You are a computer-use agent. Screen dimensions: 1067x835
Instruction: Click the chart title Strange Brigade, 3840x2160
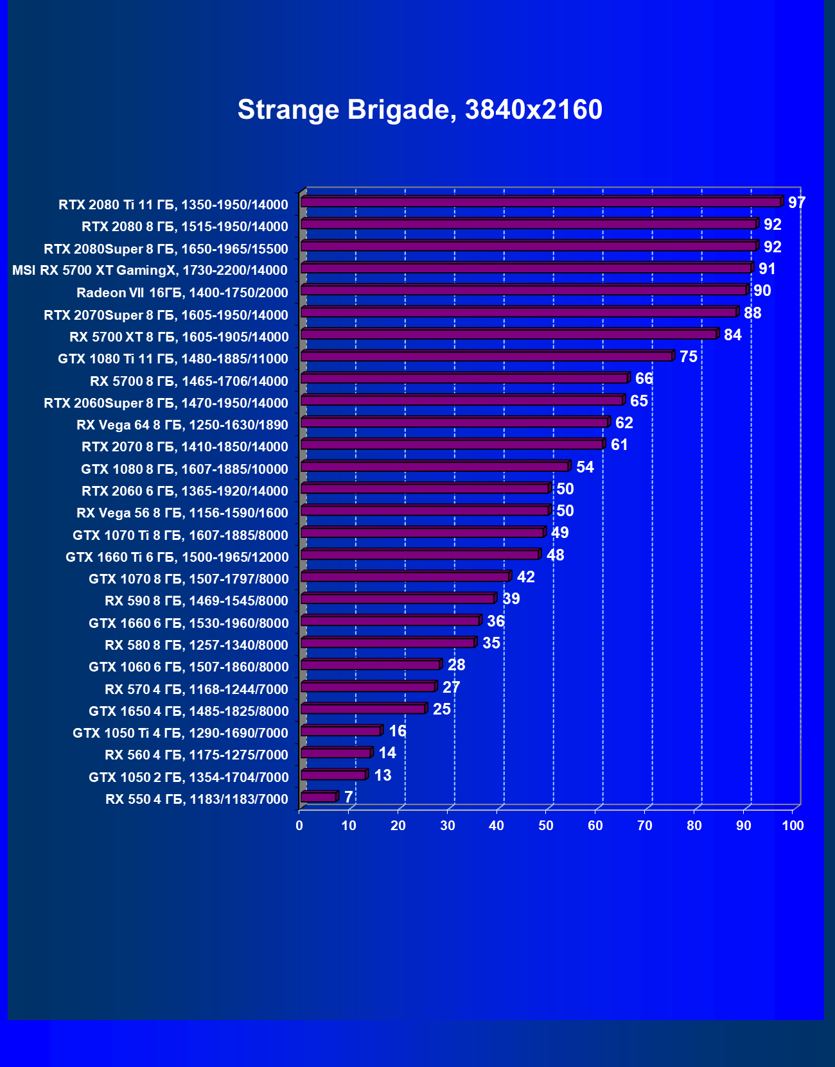click(420, 110)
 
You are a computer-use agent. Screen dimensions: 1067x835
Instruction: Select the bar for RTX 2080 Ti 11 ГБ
click(541, 202)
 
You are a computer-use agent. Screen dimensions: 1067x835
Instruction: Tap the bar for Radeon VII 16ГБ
click(523, 290)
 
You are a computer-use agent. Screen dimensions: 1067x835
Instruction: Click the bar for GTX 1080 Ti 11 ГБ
click(486, 356)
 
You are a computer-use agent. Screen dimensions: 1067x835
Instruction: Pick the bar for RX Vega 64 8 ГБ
click(454, 422)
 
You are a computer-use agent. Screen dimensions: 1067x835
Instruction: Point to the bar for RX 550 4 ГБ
click(318, 797)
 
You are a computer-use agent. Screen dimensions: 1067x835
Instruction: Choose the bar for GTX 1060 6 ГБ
click(370, 665)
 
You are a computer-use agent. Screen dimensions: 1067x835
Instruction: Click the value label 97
click(796, 203)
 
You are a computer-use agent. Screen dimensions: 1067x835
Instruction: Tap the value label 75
click(688, 357)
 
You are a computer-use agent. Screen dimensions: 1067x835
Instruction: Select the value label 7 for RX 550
click(348, 797)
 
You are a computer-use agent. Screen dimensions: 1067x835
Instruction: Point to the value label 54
click(584, 467)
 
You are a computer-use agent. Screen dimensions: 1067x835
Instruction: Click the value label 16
click(397, 731)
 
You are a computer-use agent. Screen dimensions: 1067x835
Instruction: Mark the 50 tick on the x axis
click(546, 826)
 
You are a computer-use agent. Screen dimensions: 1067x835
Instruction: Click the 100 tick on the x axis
click(793, 826)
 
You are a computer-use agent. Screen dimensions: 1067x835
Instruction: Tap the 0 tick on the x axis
click(299, 826)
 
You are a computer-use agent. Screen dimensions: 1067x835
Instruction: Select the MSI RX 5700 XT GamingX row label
click(150, 270)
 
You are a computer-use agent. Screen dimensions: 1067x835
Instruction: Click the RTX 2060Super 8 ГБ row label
click(166, 403)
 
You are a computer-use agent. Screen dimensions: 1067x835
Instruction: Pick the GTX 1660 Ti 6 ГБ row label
click(177, 557)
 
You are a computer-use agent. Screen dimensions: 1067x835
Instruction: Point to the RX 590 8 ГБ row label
click(197, 601)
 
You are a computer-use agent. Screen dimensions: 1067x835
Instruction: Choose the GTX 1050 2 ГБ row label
click(188, 777)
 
